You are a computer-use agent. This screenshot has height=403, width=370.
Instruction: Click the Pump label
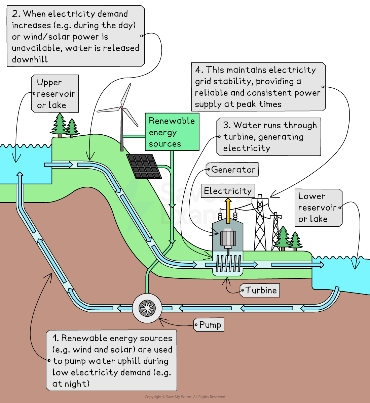point(210,325)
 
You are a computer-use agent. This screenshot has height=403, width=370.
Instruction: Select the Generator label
point(233,170)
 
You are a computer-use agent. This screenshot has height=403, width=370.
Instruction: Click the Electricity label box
point(228,191)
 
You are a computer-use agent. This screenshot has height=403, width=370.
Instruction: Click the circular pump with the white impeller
point(147,308)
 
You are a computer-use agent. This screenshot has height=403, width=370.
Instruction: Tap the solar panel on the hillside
point(144,167)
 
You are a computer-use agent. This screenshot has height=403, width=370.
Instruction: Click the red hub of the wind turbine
point(122,107)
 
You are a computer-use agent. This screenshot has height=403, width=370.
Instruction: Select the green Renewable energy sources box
point(172,132)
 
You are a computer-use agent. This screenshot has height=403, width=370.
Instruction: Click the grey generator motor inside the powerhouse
point(228,238)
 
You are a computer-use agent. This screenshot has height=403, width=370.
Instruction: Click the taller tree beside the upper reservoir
point(60,125)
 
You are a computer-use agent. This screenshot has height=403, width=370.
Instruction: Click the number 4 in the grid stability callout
point(199,70)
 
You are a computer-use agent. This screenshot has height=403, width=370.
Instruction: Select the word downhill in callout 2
point(30,59)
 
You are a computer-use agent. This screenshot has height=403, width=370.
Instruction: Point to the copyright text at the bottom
point(185,397)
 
